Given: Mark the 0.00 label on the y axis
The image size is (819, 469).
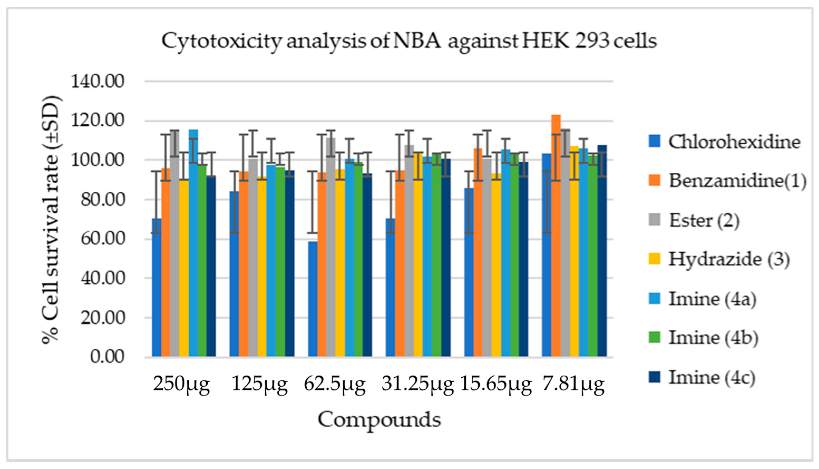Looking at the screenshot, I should click(107, 357).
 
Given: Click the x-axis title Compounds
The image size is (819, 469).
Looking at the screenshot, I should click(379, 420).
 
